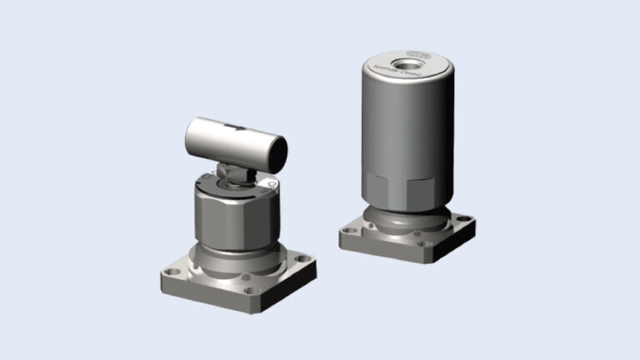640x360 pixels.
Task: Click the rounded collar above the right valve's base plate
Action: [408, 218]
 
